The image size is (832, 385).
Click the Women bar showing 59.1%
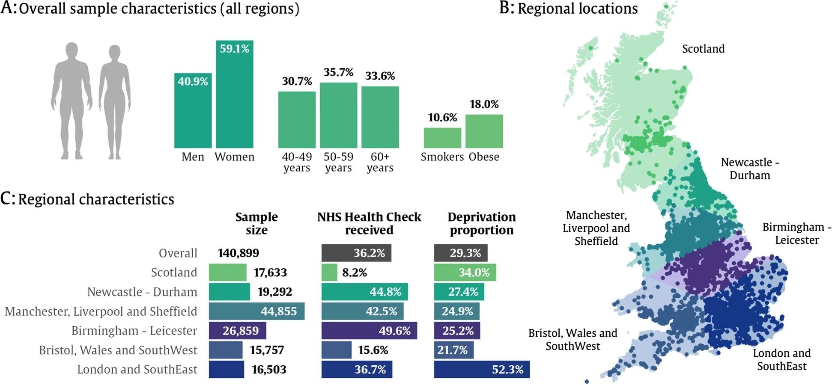[234, 94]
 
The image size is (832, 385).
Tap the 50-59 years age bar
[338, 115]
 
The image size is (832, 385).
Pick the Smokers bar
[442, 138]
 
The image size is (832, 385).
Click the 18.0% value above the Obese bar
[484, 104]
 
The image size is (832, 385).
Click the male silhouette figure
[72, 101]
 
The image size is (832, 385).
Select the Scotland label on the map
[703, 49]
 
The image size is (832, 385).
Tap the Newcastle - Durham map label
[750, 169]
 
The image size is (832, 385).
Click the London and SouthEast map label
[781, 359]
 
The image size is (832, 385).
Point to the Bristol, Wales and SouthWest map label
[573, 339]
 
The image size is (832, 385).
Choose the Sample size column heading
[256, 223]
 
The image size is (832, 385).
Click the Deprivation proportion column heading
[481, 223]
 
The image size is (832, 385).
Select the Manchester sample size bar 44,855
[256, 311]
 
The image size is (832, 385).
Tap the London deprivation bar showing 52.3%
[481, 369]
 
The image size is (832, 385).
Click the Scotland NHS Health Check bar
[329, 272]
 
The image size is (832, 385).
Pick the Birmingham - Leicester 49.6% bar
[369, 331]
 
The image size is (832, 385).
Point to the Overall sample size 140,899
[238, 253]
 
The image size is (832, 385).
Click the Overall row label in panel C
[178, 253]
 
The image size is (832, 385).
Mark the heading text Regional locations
[577, 9]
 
